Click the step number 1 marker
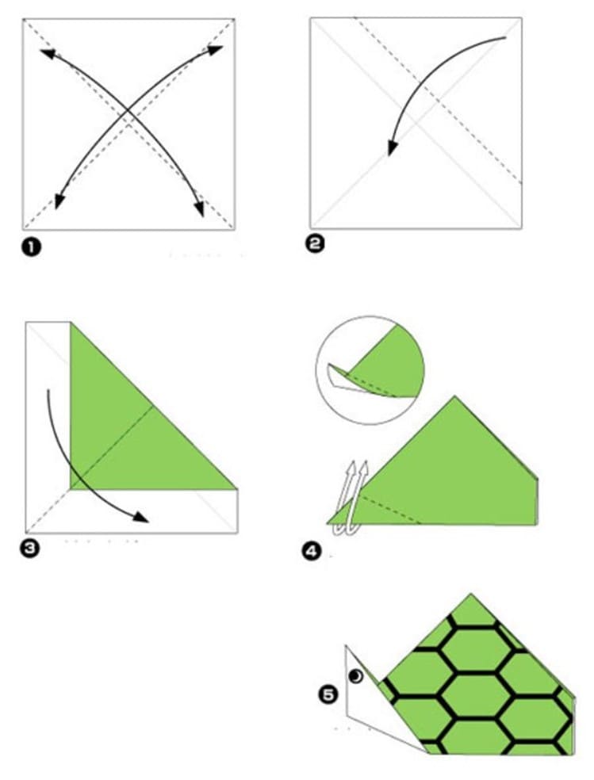pos(32,247)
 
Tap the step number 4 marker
pos(312,552)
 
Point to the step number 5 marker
pos(328,694)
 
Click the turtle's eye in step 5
pos(356,676)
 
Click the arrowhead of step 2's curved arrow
pos(393,147)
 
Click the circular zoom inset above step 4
pos(370,370)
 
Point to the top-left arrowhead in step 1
pos(48,53)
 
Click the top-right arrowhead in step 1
pos(215,50)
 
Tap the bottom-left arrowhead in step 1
pos(59,201)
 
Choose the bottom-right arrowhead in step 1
pos(198,208)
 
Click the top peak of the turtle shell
pos(470,594)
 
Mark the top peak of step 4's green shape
pos(454,396)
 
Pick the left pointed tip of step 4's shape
pos(327,523)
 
